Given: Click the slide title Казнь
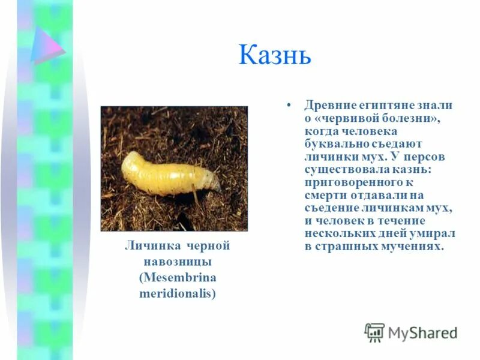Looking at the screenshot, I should pos(275,55).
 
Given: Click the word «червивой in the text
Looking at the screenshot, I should pos(347,118).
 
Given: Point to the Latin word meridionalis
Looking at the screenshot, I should pos(177,293).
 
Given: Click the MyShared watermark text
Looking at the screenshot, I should pos(422,332).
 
